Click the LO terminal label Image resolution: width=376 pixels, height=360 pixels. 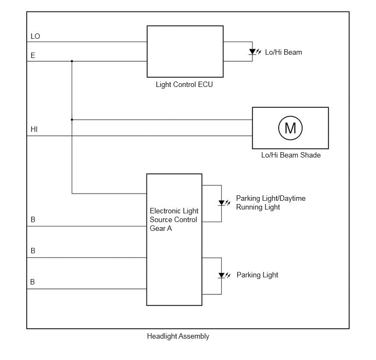tap(35, 36)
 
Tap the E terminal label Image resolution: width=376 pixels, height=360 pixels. tap(33, 55)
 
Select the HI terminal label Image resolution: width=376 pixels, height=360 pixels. tap(34, 129)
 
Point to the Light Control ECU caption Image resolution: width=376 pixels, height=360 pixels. tap(184, 84)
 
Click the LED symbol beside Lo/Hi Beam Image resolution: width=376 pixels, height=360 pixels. tap(255, 51)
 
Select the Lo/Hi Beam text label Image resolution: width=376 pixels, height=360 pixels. tap(284, 53)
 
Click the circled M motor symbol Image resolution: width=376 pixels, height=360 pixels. tap(290, 128)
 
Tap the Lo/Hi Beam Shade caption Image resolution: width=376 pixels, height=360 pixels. tap(291, 155)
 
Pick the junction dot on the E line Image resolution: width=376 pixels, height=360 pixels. tap(72, 61)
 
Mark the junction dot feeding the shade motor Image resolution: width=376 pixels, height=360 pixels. tap(72, 119)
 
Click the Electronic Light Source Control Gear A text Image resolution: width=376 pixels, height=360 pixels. tap(174, 219)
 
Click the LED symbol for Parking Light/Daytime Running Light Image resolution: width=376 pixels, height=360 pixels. tap(224, 203)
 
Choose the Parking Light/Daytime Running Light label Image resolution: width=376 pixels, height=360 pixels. tap(271, 202)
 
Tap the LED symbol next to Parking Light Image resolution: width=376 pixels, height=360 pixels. tap(224, 276)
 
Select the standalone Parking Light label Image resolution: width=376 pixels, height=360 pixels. tap(257, 275)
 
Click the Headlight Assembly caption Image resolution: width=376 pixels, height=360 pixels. tap(178, 336)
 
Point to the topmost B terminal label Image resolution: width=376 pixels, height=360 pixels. tap(33, 219)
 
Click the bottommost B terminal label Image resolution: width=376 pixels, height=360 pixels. tap(33, 282)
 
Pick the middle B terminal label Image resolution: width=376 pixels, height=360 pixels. tap(33, 251)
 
